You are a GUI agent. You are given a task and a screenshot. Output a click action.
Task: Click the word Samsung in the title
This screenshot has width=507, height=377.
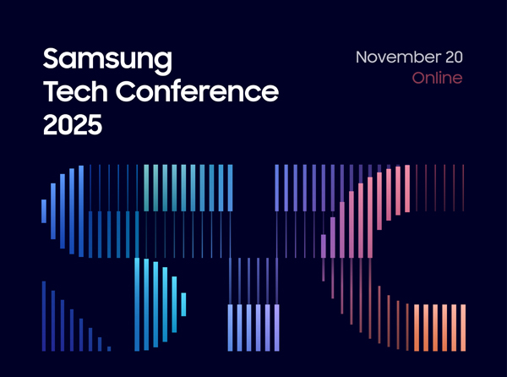coord(107,61)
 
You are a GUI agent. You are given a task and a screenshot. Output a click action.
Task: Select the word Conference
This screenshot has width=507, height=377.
coord(197,91)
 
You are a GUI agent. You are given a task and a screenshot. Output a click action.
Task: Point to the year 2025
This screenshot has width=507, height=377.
coord(73,124)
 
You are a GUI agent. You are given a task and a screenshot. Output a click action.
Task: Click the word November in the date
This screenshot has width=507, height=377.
coord(398,57)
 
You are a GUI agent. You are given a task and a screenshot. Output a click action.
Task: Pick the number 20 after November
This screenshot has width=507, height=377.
coord(455,57)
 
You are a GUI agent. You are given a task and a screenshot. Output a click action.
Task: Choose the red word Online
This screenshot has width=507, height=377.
coord(437,78)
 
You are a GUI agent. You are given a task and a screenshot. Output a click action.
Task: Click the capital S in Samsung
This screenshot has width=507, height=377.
coord(52,58)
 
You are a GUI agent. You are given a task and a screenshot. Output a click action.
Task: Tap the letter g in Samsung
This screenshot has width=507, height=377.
coord(163,63)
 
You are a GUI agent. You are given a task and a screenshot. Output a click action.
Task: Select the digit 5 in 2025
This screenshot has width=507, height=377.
coord(95,124)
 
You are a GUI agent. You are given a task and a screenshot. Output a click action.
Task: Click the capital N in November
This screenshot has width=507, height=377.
coord(362,57)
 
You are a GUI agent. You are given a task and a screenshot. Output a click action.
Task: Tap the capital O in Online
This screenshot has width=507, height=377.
coord(419,79)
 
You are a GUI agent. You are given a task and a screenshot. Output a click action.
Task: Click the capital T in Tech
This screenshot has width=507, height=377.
coord(52,91)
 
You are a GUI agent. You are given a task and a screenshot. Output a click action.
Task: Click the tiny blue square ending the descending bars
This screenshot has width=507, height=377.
coord(109,349)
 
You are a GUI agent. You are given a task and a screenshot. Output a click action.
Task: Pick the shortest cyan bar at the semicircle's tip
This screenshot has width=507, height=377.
coord(183,304)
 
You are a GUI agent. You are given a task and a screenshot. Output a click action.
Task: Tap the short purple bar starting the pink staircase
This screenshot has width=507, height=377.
coord(324,246)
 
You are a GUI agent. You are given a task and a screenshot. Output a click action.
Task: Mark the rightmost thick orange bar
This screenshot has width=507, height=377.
coord(463,327)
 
